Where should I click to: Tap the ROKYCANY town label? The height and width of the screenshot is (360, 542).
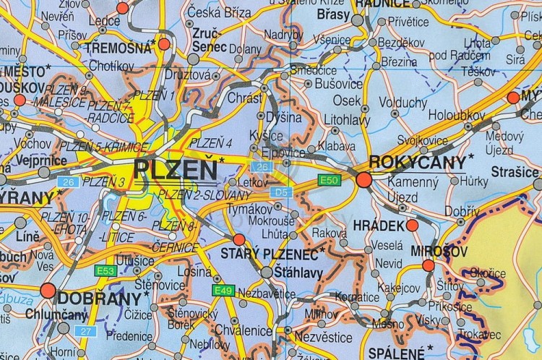[x=417, y=162]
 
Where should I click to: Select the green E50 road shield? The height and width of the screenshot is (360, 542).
[x=328, y=179]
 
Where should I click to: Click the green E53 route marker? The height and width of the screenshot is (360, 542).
[x=106, y=270]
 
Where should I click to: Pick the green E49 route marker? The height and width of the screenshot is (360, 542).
[x=223, y=290]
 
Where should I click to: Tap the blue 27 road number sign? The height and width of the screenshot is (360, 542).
[x=87, y=330]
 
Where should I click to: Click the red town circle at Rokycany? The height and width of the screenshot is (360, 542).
[x=364, y=179]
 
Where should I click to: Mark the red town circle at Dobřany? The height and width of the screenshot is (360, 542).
[x=48, y=291]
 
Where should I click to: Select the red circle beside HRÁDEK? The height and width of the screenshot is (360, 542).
[x=412, y=226]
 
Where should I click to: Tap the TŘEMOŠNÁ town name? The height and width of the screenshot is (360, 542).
[x=117, y=48]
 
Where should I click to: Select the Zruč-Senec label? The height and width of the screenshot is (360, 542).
[x=209, y=40]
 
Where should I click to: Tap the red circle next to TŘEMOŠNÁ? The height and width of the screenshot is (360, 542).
[x=164, y=44]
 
